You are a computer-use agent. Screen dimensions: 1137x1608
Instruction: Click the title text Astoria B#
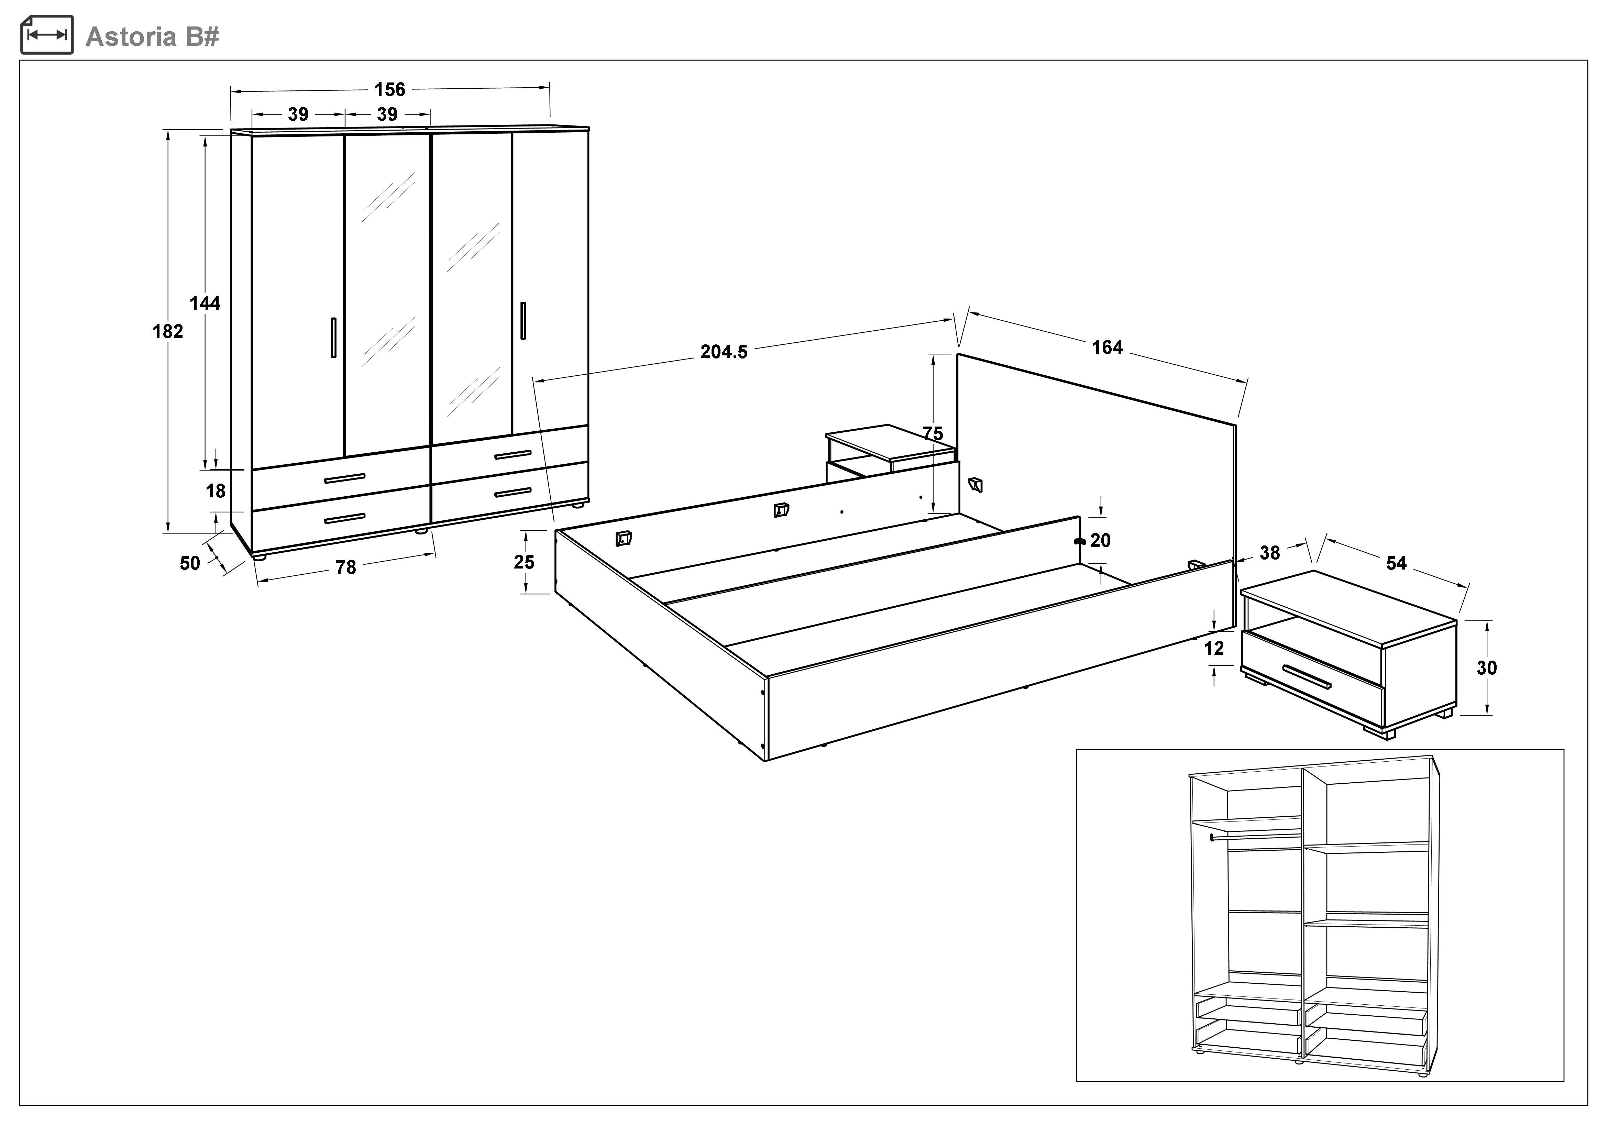152,36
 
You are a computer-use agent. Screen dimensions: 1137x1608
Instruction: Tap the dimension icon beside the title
47,34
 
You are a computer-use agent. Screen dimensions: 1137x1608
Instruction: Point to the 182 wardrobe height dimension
168,331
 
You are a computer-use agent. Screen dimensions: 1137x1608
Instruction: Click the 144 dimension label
205,303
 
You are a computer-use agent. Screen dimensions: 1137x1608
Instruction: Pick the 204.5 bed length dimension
724,352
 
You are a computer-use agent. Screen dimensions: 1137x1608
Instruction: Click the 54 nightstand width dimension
1396,563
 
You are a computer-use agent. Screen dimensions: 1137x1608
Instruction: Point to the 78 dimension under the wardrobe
346,567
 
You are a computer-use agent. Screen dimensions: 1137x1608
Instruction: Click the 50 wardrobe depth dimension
190,563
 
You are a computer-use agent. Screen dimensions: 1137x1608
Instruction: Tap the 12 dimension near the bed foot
1214,648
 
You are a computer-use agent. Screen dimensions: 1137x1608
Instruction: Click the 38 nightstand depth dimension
1270,553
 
